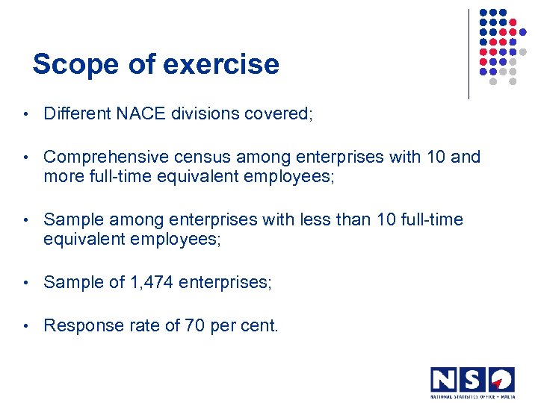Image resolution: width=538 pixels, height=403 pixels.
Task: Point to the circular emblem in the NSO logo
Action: pos(501,379)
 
